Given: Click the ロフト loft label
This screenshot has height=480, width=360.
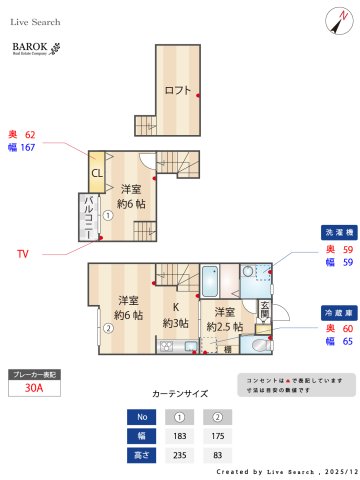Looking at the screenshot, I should click(x=177, y=91).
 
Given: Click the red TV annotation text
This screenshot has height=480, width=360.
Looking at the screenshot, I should click(x=22, y=254).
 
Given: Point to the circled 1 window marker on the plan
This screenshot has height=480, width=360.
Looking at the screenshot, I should click(x=108, y=214).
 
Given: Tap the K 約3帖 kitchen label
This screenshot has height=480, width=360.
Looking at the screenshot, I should click(x=176, y=315).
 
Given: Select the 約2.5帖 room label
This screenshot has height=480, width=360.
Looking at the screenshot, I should click(x=224, y=319).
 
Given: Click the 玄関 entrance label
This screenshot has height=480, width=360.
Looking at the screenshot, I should click(x=265, y=310).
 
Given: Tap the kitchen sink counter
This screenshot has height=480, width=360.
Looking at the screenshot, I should click(x=175, y=346).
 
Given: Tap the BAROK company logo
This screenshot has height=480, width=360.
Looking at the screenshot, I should click(x=36, y=49).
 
